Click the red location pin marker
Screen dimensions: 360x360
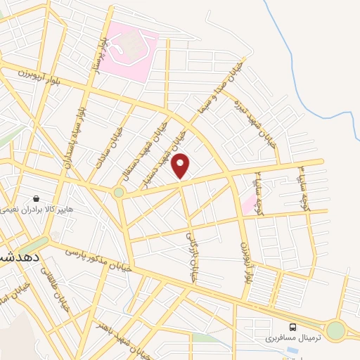click(181, 166)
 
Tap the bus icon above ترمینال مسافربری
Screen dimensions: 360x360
click(292, 326)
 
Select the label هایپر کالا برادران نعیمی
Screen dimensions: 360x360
click(42, 209)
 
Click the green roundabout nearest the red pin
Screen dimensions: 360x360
click(119, 192)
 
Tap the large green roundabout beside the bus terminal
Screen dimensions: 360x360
click(336, 330)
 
